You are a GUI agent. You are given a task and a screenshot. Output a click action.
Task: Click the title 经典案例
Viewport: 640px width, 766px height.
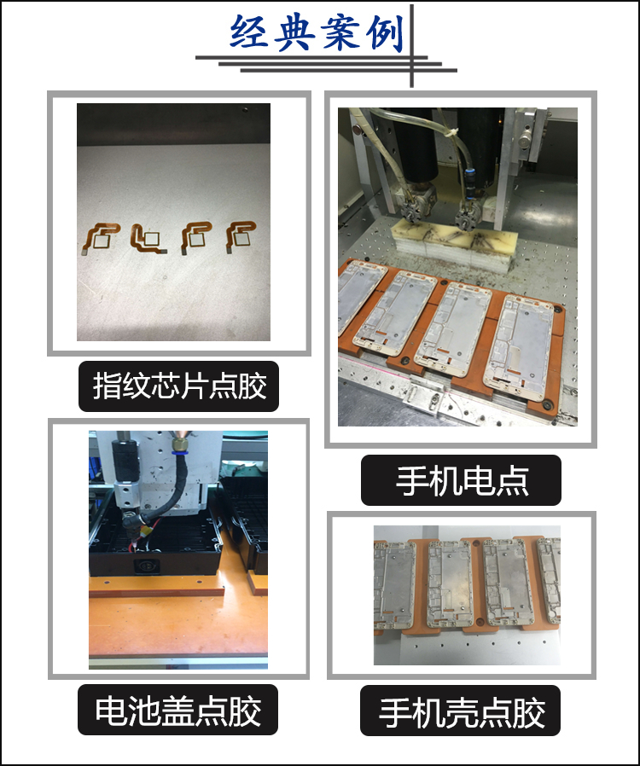point(317,32)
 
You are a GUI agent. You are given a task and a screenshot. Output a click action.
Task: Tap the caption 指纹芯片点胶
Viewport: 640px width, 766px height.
point(179,386)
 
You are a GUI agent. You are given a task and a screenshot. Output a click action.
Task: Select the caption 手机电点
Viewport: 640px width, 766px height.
point(462,481)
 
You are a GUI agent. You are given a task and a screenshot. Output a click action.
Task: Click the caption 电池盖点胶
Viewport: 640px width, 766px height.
point(177,710)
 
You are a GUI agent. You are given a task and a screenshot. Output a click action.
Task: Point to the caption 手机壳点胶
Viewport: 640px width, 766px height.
point(461,711)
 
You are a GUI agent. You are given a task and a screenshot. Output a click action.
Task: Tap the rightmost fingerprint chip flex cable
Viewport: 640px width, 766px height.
point(241,236)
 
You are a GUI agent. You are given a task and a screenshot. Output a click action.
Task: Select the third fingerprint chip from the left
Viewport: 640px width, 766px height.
point(196,237)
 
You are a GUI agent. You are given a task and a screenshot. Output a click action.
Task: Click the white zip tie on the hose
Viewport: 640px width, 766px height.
point(451,133)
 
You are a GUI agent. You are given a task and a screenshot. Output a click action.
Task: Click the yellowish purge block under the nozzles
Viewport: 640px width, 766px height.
point(455,242)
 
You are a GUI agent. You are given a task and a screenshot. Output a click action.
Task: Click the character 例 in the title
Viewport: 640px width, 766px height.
point(385,32)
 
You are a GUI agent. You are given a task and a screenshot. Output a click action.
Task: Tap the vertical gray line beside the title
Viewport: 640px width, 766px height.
point(412,46)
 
